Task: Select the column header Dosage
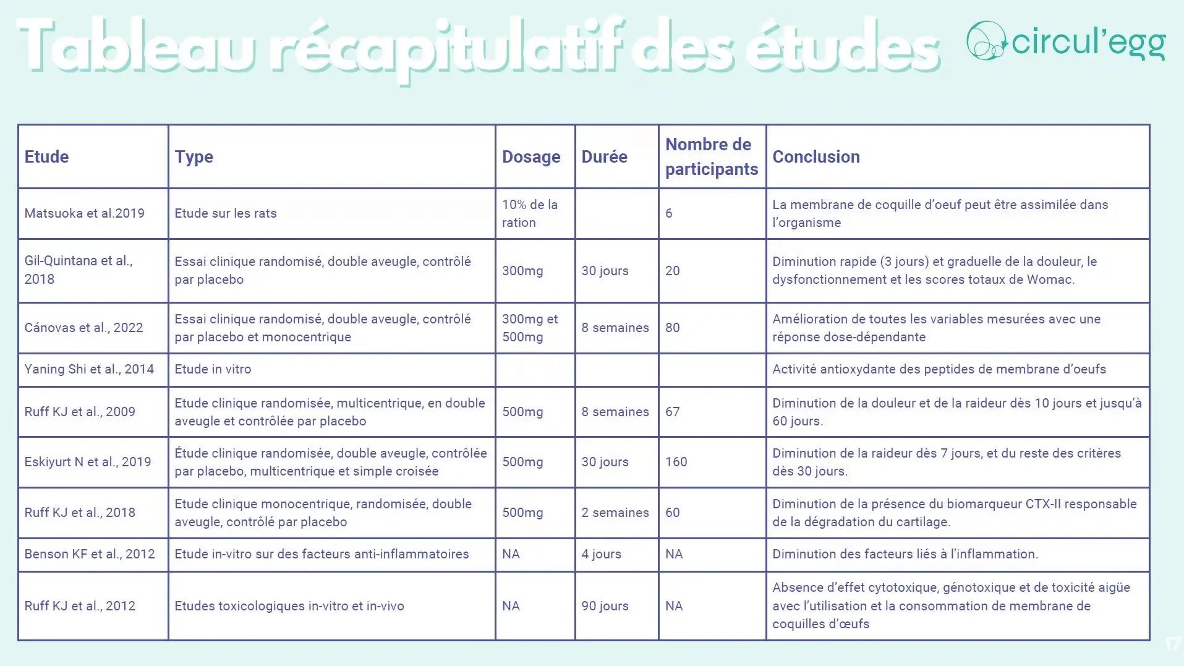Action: (x=530, y=157)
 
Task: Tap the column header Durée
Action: (x=604, y=157)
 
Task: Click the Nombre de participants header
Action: (x=711, y=157)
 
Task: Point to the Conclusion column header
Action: (x=816, y=157)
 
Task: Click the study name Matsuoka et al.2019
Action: (x=84, y=213)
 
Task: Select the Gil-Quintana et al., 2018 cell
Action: (x=79, y=270)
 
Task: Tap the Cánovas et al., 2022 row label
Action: (x=83, y=328)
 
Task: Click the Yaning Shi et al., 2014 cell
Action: (x=89, y=369)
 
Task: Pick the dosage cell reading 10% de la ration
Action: (x=529, y=213)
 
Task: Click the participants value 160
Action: (x=676, y=462)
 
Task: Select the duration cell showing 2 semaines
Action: (x=615, y=513)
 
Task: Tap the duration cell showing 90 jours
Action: (x=605, y=606)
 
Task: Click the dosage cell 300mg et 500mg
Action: (x=529, y=328)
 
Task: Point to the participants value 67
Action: (x=672, y=412)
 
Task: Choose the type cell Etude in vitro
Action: (x=213, y=369)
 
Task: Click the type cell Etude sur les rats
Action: (x=225, y=213)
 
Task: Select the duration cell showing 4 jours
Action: (x=601, y=554)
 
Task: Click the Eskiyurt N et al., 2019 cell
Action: (x=87, y=462)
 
